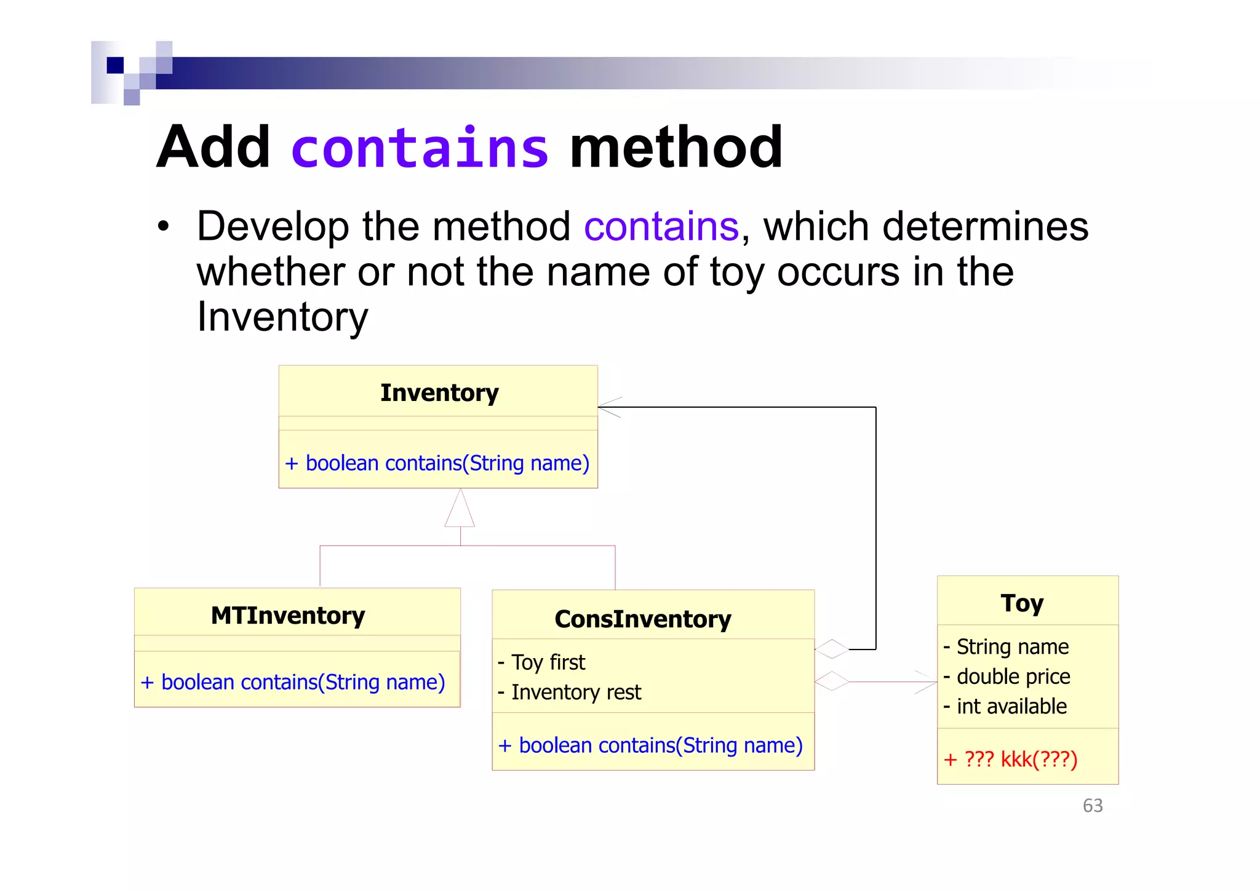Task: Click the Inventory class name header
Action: click(439, 392)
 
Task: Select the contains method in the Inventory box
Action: click(437, 463)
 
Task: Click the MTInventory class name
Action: click(288, 615)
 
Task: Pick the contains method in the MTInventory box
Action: click(293, 682)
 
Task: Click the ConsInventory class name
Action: click(643, 619)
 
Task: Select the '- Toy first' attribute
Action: click(541, 662)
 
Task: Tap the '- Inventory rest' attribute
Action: click(570, 693)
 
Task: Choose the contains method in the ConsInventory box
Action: click(651, 745)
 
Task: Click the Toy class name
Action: click(1022, 603)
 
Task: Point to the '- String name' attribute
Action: click(1007, 647)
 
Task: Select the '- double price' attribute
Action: click(1007, 677)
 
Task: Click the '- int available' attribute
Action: click(1005, 707)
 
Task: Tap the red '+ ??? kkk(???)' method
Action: click(1011, 760)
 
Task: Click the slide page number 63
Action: click(1093, 806)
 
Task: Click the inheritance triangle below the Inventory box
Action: click(460, 511)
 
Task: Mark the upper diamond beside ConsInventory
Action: click(832, 649)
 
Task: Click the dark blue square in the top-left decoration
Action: click(115, 65)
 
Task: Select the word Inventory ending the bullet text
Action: click(282, 317)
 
